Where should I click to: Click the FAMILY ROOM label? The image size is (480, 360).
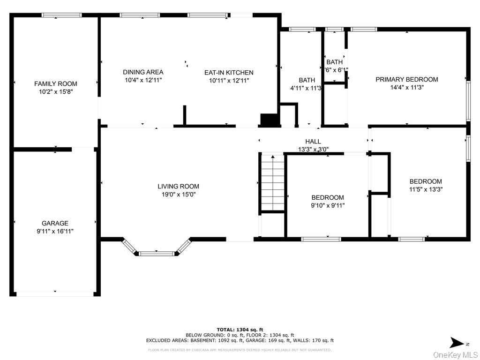[55, 84]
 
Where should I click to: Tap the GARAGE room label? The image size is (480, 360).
[55, 224]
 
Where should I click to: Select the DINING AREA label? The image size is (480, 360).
[143, 72]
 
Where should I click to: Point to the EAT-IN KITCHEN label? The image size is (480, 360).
[229, 73]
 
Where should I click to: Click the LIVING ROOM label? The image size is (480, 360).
[178, 187]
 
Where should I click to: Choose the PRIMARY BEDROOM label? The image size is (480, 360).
[406, 80]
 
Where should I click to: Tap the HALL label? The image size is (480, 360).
[313, 142]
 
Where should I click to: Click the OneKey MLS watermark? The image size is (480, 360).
[455, 354]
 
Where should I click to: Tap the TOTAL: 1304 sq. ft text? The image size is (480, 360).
[240, 330]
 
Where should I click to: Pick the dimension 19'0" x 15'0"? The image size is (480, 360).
[178, 194]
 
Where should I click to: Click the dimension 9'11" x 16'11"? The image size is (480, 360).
[55, 231]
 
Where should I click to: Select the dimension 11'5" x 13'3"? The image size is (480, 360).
[426, 189]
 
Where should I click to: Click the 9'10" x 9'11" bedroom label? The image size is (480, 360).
[328, 198]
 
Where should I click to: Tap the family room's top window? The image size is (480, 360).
[61, 15]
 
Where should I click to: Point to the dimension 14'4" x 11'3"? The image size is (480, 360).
[406, 87]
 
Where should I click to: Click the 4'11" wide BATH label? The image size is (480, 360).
[307, 80]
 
